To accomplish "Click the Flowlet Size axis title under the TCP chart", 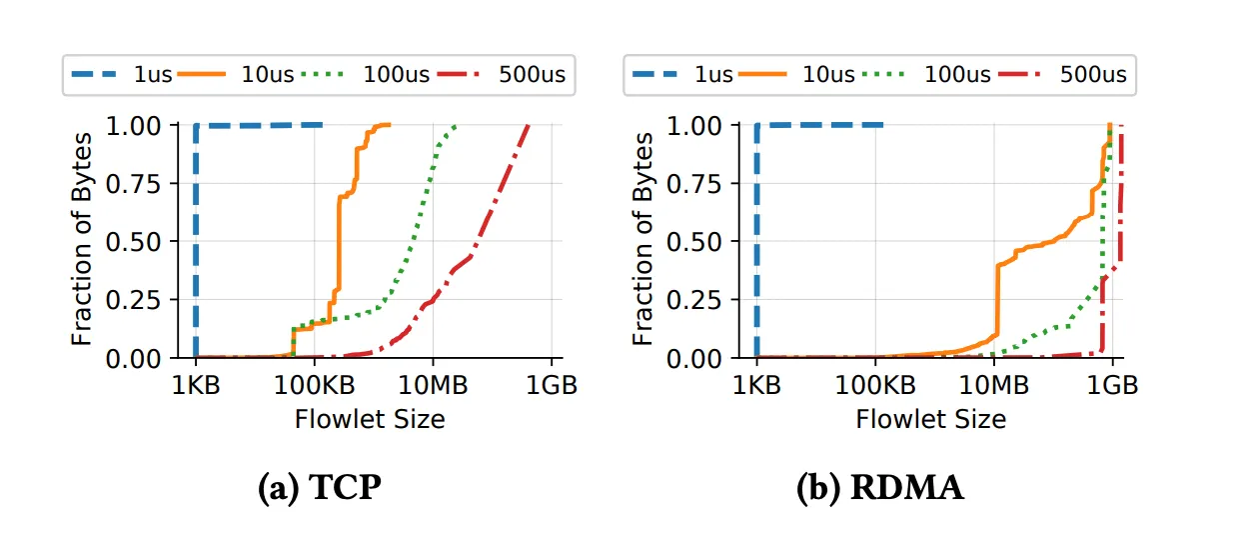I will tap(370, 419).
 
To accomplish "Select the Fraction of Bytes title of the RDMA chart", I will tap(644, 240).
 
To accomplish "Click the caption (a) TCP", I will tap(320, 487).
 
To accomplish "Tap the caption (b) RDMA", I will tap(880, 487).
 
